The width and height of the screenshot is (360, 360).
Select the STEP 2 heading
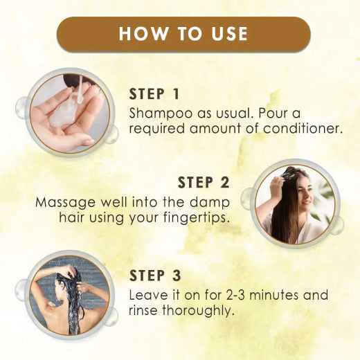[x=206, y=183]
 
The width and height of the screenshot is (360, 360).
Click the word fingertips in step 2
[x=204, y=219]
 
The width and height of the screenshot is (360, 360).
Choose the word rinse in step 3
[x=145, y=311]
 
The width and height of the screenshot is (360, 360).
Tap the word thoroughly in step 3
[x=201, y=311]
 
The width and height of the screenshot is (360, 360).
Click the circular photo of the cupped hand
[x=69, y=112]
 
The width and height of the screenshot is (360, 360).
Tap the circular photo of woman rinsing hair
[x=69, y=296]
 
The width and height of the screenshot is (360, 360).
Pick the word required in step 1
[x=156, y=128]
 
